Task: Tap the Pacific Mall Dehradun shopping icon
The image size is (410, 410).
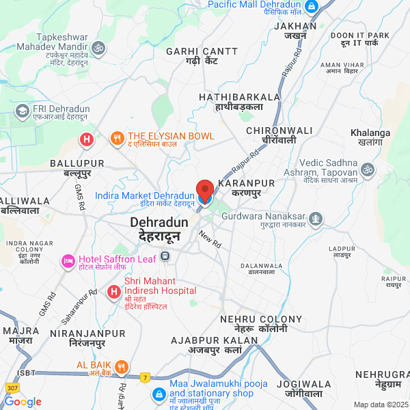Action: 312,6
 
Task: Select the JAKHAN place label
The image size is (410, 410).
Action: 295,26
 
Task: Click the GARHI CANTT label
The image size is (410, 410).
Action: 202,51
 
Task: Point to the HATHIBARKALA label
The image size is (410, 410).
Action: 240,97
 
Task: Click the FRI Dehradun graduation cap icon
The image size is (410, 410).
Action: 23,110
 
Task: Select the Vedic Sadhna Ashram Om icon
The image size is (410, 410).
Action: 368,168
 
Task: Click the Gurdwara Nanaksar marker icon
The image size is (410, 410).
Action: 315,219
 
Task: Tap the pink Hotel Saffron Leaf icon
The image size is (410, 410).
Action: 68,260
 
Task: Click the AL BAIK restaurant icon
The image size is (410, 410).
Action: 121,367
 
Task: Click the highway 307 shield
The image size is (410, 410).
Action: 13,387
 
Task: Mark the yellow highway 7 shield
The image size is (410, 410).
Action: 145,377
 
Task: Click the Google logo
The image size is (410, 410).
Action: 23,402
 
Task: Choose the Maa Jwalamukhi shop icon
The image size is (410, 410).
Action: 159,394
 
